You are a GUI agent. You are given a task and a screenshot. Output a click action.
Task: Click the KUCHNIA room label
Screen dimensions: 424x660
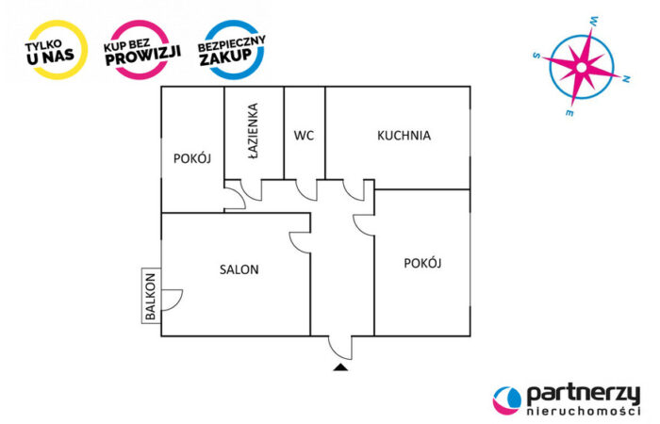click(x=404, y=136)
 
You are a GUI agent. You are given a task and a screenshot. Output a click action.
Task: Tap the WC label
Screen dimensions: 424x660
click(x=304, y=136)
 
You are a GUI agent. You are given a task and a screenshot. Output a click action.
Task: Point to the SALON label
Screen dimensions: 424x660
click(x=239, y=269)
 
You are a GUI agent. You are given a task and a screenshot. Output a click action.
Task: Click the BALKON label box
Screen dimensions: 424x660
click(x=151, y=296)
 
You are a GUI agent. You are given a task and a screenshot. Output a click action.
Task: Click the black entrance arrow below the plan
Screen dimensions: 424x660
click(x=340, y=367)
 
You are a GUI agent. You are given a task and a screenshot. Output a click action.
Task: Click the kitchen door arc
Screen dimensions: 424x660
click(x=355, y=189)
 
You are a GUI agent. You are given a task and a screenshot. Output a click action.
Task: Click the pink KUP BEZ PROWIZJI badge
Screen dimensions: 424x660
click(x=142, y=49)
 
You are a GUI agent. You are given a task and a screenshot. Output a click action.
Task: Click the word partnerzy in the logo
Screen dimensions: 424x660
click(x=582, y=394)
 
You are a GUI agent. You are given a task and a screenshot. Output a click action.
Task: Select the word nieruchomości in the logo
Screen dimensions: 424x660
click(x=582, y=413)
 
